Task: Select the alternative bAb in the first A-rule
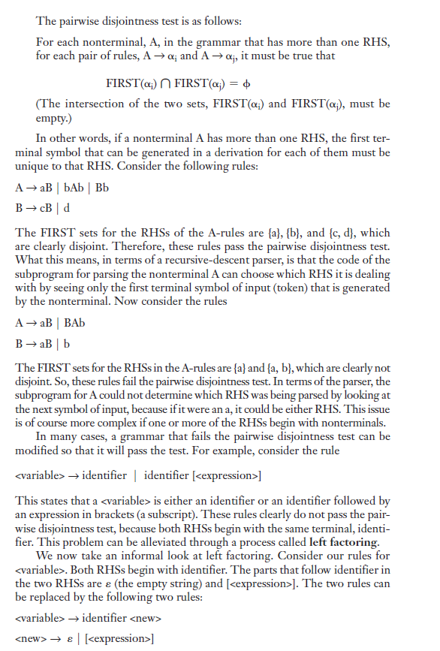[x=75, y=187]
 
